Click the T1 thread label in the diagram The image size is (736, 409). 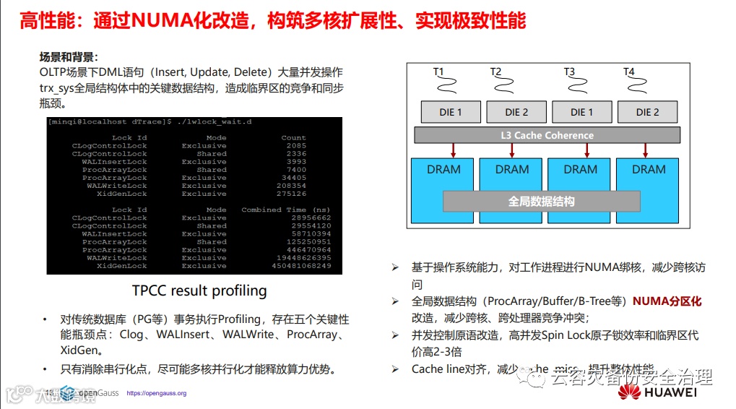tap(438, 72)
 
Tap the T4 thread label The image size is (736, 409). tap(629, 72)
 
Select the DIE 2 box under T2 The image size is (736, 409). tap(516, 112)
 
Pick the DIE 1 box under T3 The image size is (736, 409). tap(581, 112)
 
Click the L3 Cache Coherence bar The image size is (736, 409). tap(547, 135)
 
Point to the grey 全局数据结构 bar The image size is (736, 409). tap(541, 202)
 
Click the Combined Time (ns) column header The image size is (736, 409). tap(286, 210)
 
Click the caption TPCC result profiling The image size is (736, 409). tap(199, 291)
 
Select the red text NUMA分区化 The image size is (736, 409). tap(667, 301)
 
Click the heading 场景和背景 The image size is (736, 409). tap(68, 57)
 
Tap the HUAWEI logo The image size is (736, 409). tap(657, 392)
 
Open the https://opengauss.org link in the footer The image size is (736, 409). tap(156, 394)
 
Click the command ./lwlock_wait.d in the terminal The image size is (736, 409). tap(212, 121)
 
